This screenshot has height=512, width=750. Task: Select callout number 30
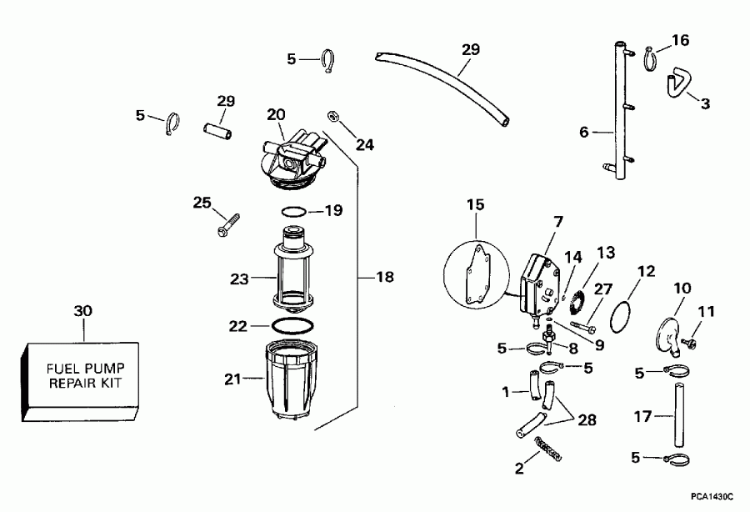(83, 311)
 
